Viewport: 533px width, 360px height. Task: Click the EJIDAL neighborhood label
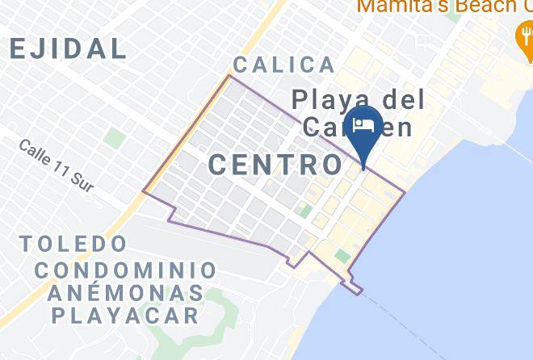tap(68, 48)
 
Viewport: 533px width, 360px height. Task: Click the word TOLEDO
tap(73, 243)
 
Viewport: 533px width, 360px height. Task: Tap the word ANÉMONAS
tap(126, 292)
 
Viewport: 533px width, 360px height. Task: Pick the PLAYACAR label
tap(125, 315)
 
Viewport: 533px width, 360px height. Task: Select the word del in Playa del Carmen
tap(401, 100)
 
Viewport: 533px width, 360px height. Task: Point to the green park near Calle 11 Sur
tap(115, 138)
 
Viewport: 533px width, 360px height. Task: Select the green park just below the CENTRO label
tap(304, 211)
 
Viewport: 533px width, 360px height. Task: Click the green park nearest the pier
tap(342, 256)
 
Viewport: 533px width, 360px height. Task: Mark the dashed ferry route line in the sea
tap(404, 323)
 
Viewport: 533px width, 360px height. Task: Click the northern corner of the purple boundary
tap(230, 76)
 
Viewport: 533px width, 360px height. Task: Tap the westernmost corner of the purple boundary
tap(145, 191)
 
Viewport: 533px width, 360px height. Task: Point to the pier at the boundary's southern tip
tap(354, 288)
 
